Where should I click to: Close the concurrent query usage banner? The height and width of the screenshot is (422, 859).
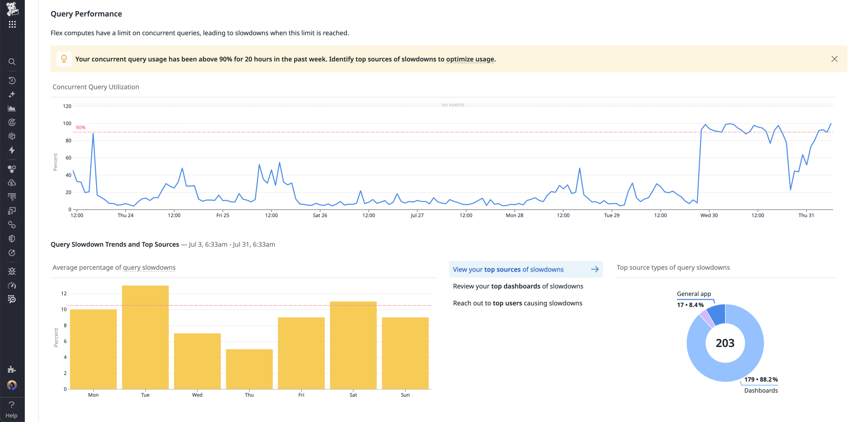point(834,59)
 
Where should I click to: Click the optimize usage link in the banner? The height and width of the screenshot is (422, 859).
point(470,59)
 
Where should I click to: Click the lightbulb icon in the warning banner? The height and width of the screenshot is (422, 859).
point(64,59)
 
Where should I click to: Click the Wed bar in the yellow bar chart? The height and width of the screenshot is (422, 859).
point(197,361)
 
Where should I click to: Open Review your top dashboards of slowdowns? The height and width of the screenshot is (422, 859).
point(518,286)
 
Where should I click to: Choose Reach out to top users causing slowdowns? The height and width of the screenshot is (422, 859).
point(517,303)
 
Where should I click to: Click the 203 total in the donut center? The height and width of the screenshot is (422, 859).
point(725,343)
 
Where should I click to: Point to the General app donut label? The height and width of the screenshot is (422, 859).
point(694,294)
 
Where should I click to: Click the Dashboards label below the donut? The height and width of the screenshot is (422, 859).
point(761,390)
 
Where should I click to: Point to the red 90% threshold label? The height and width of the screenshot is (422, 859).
point(81,127)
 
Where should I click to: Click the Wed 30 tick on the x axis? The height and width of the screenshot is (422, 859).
point(709,215)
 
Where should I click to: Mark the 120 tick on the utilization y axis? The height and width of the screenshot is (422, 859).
point(67,106)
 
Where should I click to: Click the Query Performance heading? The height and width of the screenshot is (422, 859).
point(86,14)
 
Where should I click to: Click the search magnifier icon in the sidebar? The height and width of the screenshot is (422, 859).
point(12,62)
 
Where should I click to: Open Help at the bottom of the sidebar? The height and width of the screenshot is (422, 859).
point(12,410)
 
